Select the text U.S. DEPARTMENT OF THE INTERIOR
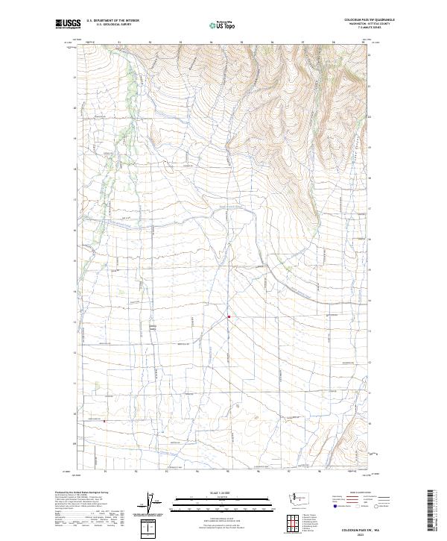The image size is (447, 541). tap(112, 20)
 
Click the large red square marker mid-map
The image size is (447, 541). tap(229, 316)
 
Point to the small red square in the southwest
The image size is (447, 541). tap(104, 421)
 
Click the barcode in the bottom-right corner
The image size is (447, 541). tap(431, 510)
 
